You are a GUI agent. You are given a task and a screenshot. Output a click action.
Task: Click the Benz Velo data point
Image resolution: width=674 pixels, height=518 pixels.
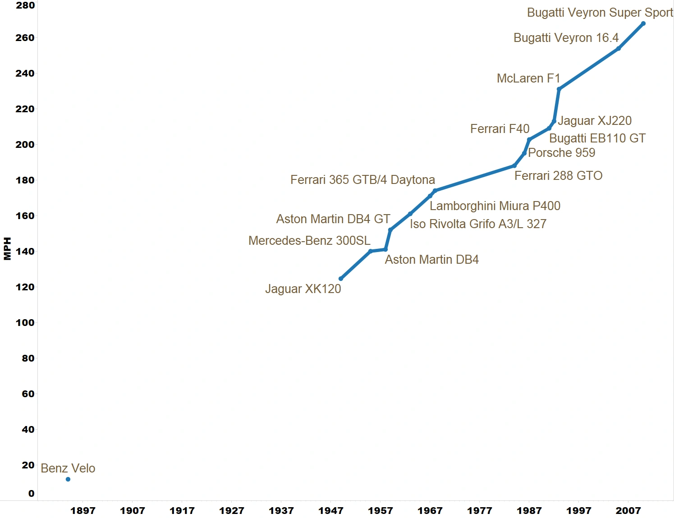point(68,479)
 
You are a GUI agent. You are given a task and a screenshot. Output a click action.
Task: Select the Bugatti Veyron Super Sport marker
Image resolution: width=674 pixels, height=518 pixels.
point(643,23)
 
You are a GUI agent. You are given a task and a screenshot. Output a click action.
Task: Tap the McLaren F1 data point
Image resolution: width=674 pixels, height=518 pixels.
point(559,89)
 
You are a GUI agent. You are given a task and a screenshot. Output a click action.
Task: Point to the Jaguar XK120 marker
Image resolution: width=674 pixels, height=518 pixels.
point(341,279)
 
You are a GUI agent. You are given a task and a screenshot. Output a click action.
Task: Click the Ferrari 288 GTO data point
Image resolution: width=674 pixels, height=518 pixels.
point(514,166)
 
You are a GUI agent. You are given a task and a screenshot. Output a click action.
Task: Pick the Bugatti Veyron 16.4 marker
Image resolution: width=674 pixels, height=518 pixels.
point(619,48)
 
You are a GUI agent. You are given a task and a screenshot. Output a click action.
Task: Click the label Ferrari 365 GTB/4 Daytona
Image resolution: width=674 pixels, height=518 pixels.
point(362,180)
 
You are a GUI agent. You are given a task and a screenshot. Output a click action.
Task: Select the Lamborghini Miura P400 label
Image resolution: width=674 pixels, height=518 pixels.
point(495,206)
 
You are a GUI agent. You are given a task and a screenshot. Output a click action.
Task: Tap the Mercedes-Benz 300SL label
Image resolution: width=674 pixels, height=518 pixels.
point(309,241)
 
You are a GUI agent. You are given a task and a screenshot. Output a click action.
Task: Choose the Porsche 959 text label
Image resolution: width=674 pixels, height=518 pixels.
point(561,153)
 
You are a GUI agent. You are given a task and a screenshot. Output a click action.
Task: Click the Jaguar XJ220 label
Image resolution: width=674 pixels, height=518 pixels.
point(595,121)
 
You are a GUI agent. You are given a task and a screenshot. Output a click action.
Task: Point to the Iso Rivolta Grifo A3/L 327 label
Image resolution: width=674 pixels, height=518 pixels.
point(478,224)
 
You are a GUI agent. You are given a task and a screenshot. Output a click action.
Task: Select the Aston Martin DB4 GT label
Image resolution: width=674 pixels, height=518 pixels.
point(333,219)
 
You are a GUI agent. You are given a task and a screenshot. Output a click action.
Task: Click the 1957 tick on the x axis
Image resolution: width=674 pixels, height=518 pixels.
point(381,510)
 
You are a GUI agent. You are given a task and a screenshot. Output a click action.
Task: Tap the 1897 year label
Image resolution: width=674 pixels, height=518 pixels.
point(83,510)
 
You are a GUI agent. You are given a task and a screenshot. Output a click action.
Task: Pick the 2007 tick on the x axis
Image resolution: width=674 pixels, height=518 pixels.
point(628,510)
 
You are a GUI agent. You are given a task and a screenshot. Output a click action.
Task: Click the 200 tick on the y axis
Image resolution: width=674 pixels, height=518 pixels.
point(25,144)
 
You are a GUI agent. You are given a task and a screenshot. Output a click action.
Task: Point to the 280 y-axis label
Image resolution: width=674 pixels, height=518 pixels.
point(25,5)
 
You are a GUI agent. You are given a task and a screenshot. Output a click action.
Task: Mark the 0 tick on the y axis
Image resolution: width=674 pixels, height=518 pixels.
point(31,493)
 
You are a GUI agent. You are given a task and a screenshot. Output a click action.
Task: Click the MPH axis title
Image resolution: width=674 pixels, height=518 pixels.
point(7,248)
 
